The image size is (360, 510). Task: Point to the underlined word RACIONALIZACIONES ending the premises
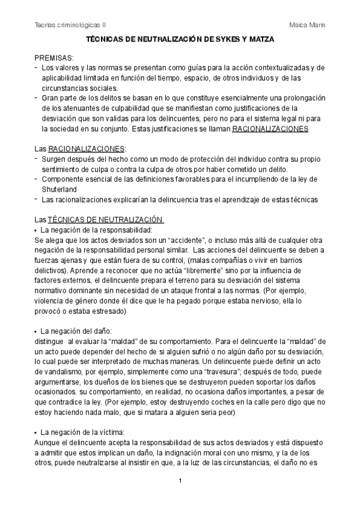click(x=270, y=129)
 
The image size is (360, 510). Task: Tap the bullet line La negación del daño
click(x=76, y=331)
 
